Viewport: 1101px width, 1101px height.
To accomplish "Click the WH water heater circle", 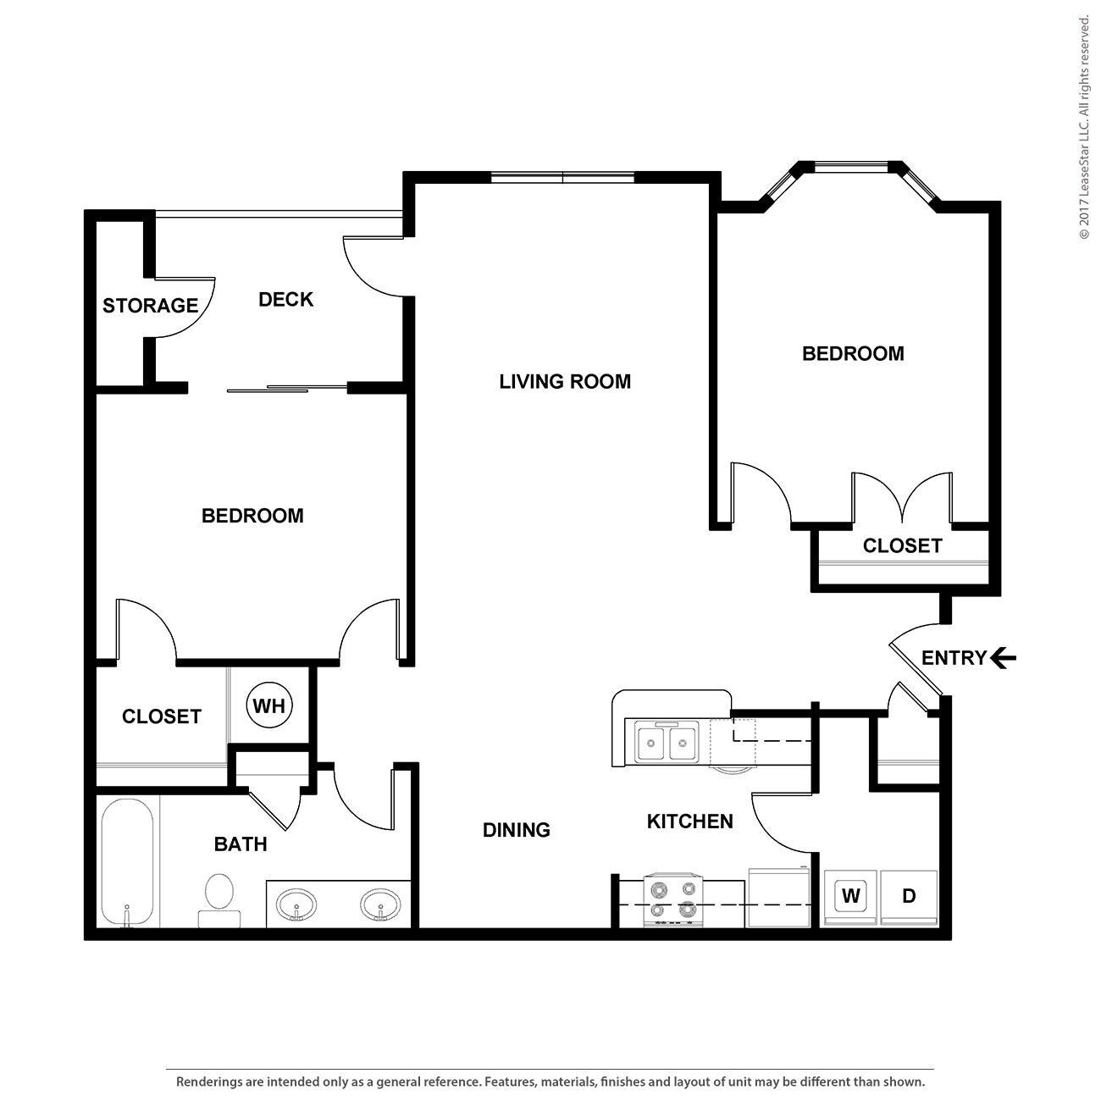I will click(269, 705).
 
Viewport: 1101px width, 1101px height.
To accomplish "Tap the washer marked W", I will click(850, 896).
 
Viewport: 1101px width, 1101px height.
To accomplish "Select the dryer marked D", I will click(909, 896).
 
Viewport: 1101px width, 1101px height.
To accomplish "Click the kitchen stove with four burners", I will click(673, 899).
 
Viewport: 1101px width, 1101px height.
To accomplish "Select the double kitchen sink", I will click(667, 743).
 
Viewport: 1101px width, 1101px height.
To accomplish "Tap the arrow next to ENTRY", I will click(1004, 658).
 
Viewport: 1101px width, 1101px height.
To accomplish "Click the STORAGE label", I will click(150, 306).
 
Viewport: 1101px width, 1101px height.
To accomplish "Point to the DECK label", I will click(285, 300).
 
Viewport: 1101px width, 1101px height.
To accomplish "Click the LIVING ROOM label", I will click(565, 382).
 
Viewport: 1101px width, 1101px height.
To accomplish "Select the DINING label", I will click(516, 830).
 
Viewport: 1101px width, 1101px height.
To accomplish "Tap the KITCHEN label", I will click(689, 822).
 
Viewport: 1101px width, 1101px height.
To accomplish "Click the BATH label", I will click(241, 844).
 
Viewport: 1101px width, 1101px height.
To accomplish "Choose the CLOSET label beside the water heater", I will click(161, 716).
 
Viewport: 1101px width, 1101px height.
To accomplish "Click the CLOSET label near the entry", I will click(902, 546).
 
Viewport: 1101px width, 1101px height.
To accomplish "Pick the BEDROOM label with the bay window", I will click(853, 354).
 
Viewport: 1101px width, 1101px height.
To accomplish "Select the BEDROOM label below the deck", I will click(252, 516).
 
